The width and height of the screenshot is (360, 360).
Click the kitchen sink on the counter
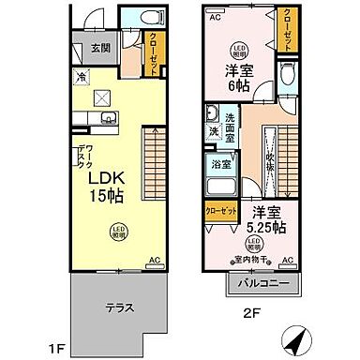106,117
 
